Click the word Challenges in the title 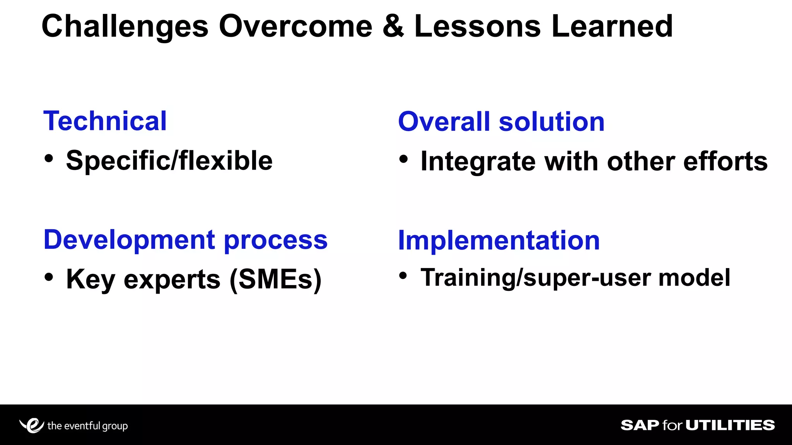(x=125, y=26)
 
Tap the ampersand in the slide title (x=393, y=26)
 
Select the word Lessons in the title (x=477, y=26)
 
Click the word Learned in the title (x=612, y=26)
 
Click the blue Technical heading (x=105, y=121)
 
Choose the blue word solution (x=551, y=122)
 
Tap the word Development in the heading (x=129, y=240)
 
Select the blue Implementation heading (x=498, y=240)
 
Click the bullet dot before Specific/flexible (x=49, y=158)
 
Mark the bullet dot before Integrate (x=403, y=159)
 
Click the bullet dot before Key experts (x=49, y=277)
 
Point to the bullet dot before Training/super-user (x=403, y=276)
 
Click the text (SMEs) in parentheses (x=275, y=279)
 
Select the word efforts (x=725, y=161)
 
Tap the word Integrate (x=478, y=161)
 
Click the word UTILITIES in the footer (x=730, y=425)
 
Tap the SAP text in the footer (x=640, y=425)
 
